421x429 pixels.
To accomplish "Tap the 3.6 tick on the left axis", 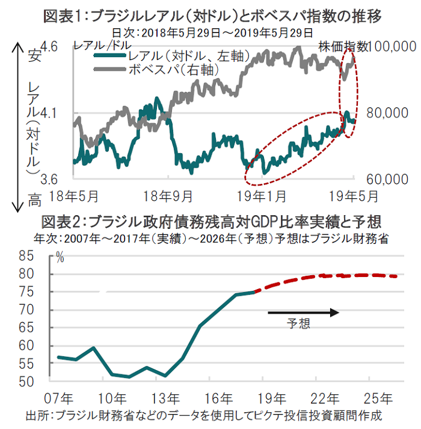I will point(50,179).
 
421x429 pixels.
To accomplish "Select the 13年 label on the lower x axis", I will point(165,398).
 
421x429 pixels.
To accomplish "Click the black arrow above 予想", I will point(304,312).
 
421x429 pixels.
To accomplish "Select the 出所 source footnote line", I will point(204,416).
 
